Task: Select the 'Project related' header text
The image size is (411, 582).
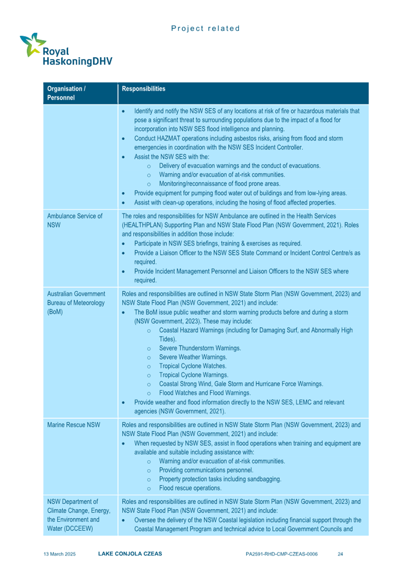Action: point(205,28)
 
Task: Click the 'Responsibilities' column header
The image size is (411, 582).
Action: point(144,89)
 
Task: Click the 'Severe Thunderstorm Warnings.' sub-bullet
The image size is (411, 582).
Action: point(200,348)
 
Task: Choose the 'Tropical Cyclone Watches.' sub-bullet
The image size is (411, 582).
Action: point(192,366)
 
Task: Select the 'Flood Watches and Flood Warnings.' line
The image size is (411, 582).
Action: point(204,393)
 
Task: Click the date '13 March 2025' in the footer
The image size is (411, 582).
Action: point(59,554)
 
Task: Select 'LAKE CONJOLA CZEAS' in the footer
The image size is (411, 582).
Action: point(130,554)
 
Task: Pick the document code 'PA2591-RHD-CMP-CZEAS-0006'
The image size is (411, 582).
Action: point(282,554)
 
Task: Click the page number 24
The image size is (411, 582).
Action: point(340,554)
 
